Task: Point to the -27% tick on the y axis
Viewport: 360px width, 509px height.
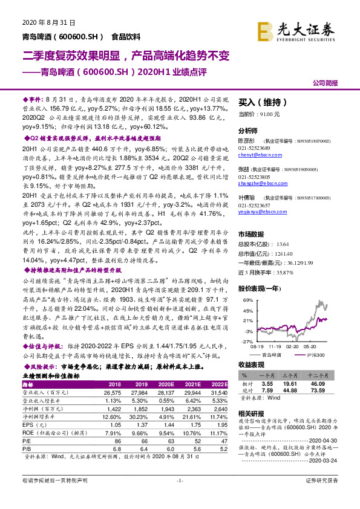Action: pyautogui.click(x=248, y=341)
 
